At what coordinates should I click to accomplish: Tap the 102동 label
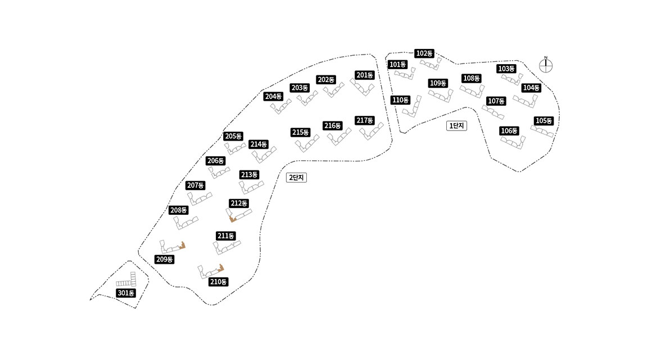(x=424, y=53)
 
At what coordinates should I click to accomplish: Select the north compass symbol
(x=546, y=65)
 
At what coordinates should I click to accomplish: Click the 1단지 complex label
(x=456, y=126)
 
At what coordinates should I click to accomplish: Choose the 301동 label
(x=126, y=293)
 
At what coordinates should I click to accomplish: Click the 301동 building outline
(x=127, y=282)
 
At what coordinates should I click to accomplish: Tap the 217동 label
(x=365, y=120)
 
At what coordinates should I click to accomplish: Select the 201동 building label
(x=365, y=75)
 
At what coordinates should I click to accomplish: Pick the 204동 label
(x=273, y=96)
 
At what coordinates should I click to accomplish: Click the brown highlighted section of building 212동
(x=233, y=219)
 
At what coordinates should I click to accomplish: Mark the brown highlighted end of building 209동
(x=182, y=245)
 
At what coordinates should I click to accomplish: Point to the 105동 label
(x=544, y=121)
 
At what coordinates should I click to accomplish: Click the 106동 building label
(x=509, y=131)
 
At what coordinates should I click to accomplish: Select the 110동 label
(x=400, y=100)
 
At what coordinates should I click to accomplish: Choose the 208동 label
(x=178, y=210)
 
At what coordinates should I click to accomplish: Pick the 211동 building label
(x=225, y=236)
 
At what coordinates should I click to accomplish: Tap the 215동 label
(x=301, y=133)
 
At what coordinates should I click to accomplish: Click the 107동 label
(x=496, y=101)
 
